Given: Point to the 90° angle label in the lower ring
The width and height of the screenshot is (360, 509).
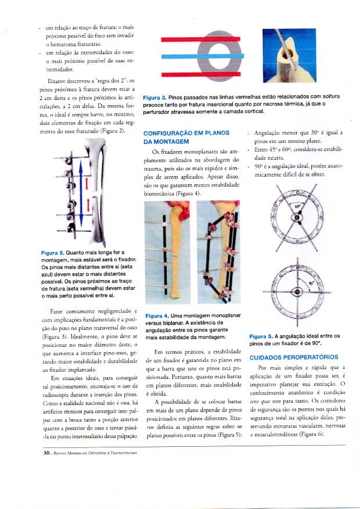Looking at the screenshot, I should coord(311,285).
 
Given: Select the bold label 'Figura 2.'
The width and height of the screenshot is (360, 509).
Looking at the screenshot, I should coord(53,253).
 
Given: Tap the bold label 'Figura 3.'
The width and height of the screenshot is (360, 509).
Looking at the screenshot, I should coord(154,96).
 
